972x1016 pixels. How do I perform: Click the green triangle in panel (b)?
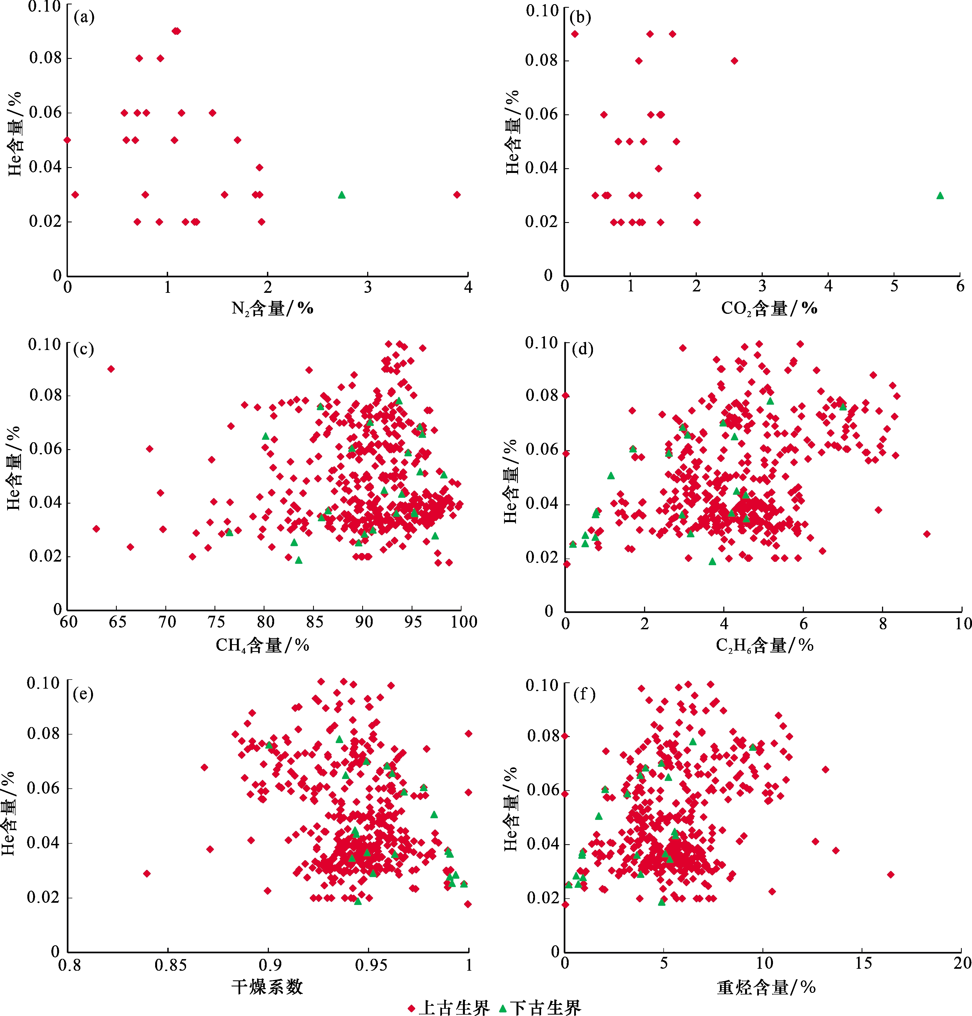coord(940,195)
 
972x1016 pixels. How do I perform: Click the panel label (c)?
coord(83,349)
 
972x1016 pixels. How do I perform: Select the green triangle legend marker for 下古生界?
coord(502,1008)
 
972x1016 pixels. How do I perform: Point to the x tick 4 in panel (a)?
coord(468,288)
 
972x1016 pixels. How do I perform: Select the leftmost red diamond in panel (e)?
coord(147,873)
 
